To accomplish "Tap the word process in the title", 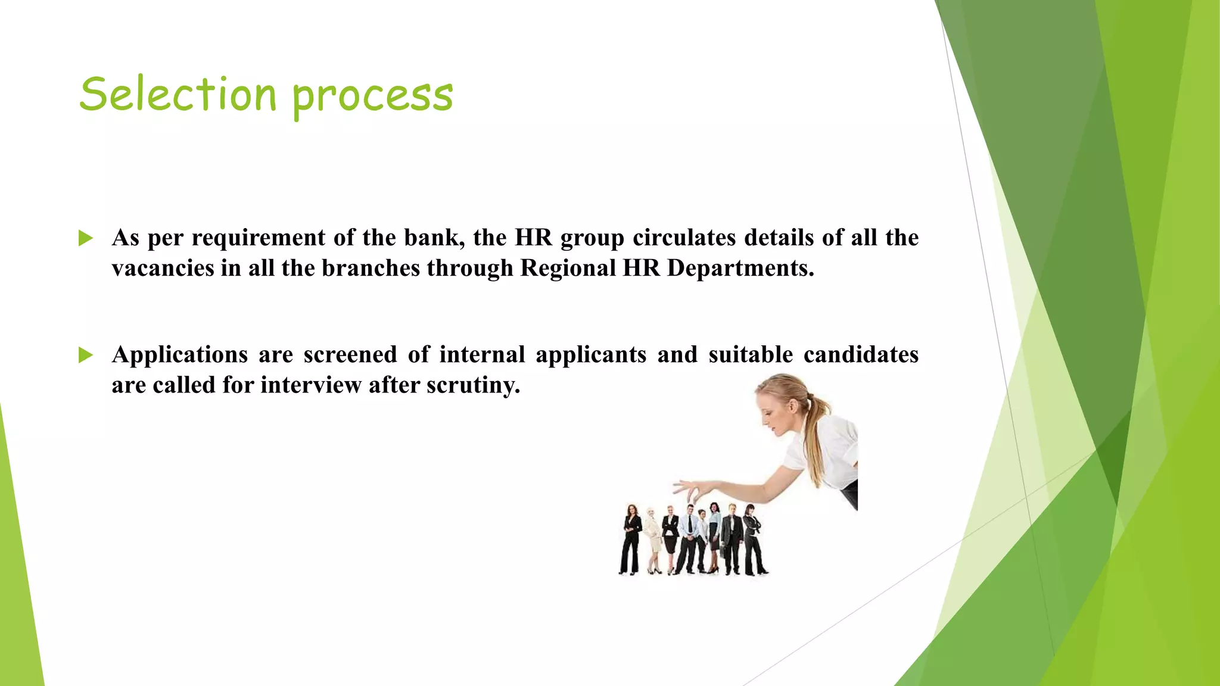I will click(373, 96).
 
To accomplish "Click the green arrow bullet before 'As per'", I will click(86, 239).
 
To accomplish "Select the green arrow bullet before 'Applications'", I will click(86, 356).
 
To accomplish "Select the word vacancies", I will click(163, 268).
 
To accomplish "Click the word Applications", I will click(180, 355).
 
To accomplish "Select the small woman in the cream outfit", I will click(653, 536).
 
